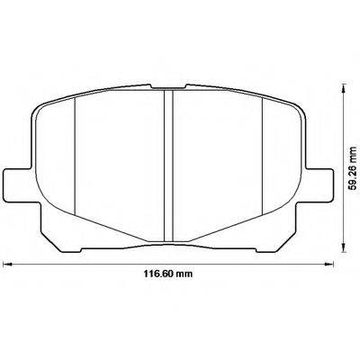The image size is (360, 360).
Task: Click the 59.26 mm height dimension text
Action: click(x=350, y=166)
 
